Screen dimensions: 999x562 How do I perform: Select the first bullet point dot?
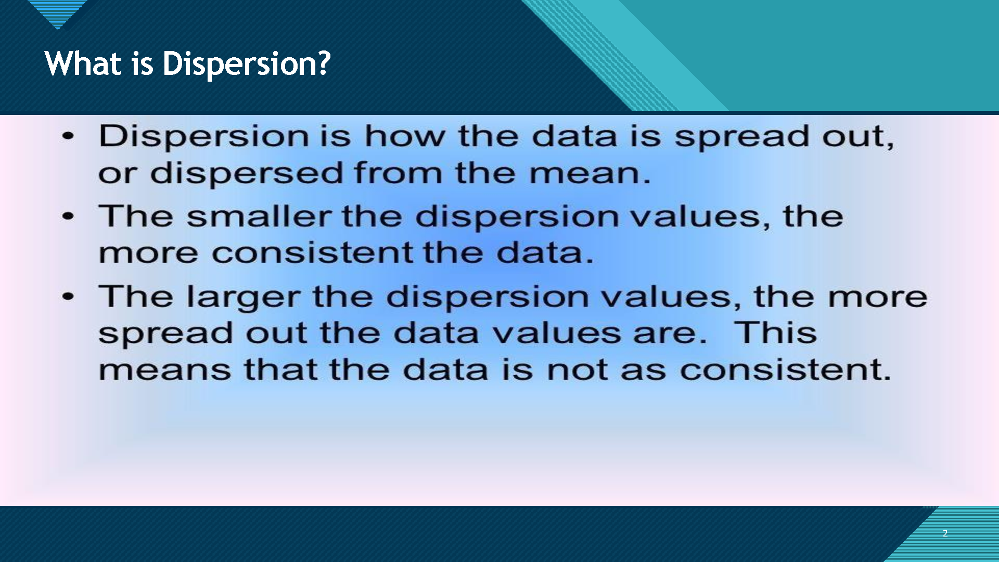point(68,136)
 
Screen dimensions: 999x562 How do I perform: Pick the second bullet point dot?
point(68,216)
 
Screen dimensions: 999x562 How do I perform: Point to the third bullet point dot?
point(68,297)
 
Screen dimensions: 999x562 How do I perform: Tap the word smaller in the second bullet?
point(259,215)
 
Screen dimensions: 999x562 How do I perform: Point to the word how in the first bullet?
point(405,136)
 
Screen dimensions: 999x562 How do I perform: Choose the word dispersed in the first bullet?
point(247,173)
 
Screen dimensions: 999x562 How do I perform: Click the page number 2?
point(945,533)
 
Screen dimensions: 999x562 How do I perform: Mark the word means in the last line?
point(164,370)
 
